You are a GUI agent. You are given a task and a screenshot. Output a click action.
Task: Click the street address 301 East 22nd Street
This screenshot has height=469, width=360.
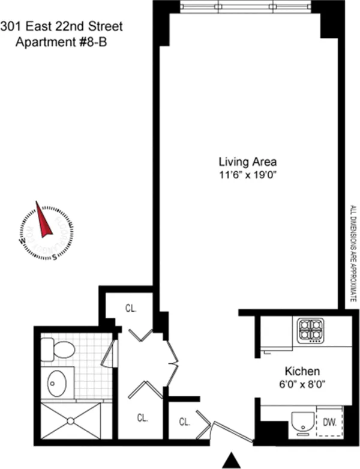click(62, 26)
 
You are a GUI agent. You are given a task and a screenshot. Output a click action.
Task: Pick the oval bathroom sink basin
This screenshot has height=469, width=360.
click(58, 383)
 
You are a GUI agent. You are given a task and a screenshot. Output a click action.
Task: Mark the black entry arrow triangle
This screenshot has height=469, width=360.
click(230, 461)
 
